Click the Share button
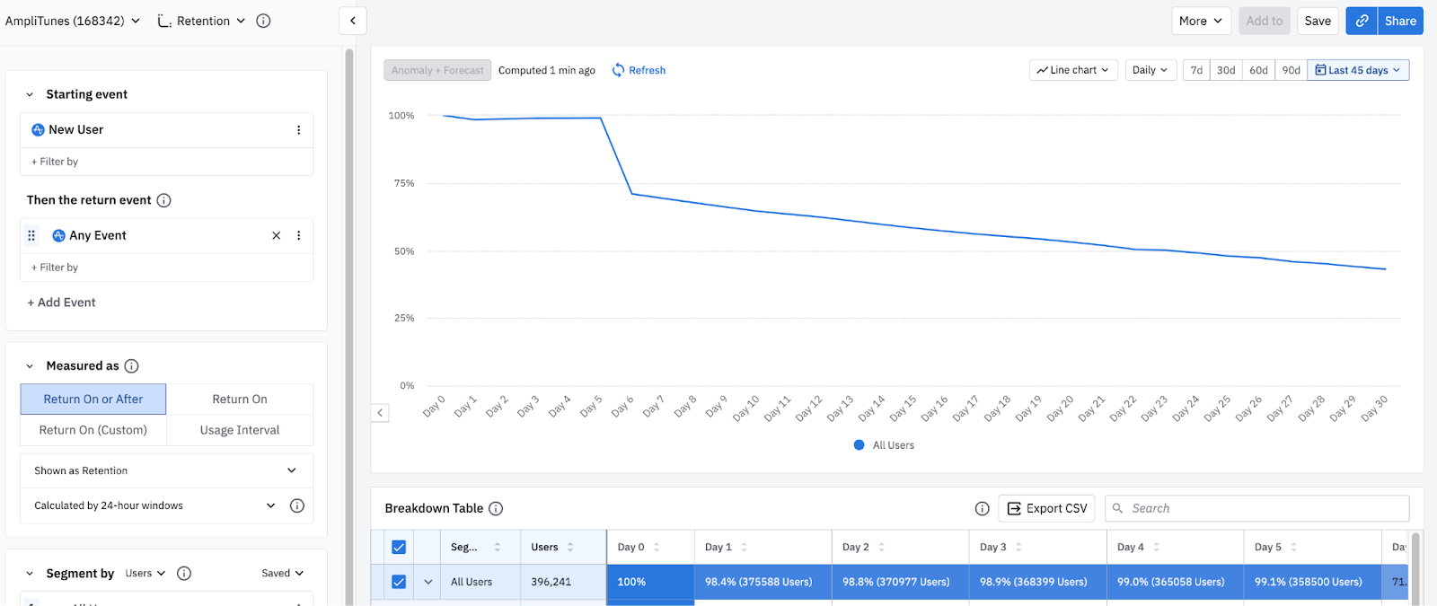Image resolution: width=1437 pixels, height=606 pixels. click(1400, 21)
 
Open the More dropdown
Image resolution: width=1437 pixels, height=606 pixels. click(1200, 21)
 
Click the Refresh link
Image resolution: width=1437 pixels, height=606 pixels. click(639, 70)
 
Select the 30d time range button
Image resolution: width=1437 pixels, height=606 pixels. click(1225, 70)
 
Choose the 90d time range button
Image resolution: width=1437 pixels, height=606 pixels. click(1291, 70)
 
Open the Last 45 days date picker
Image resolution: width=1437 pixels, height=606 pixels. click(1358, 70)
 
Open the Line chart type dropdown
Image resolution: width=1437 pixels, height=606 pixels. click(1073, 70)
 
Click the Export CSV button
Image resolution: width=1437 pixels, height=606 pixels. click(1046, 508)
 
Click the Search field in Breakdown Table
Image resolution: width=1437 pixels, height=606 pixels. click(1257, 508)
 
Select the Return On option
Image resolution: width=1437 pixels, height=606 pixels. click(240, 400)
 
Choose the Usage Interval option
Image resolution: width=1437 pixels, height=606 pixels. click(240, 430)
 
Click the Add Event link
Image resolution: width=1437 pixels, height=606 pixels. click(62, 303)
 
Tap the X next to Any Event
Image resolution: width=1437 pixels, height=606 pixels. click(276, 235)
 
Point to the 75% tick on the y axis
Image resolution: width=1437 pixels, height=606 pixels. click(403, 183)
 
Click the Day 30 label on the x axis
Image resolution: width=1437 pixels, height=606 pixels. click(1374, 408)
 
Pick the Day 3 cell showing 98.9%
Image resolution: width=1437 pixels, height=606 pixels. click(1034, 582)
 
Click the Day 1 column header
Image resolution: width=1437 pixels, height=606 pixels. click(718, 547)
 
